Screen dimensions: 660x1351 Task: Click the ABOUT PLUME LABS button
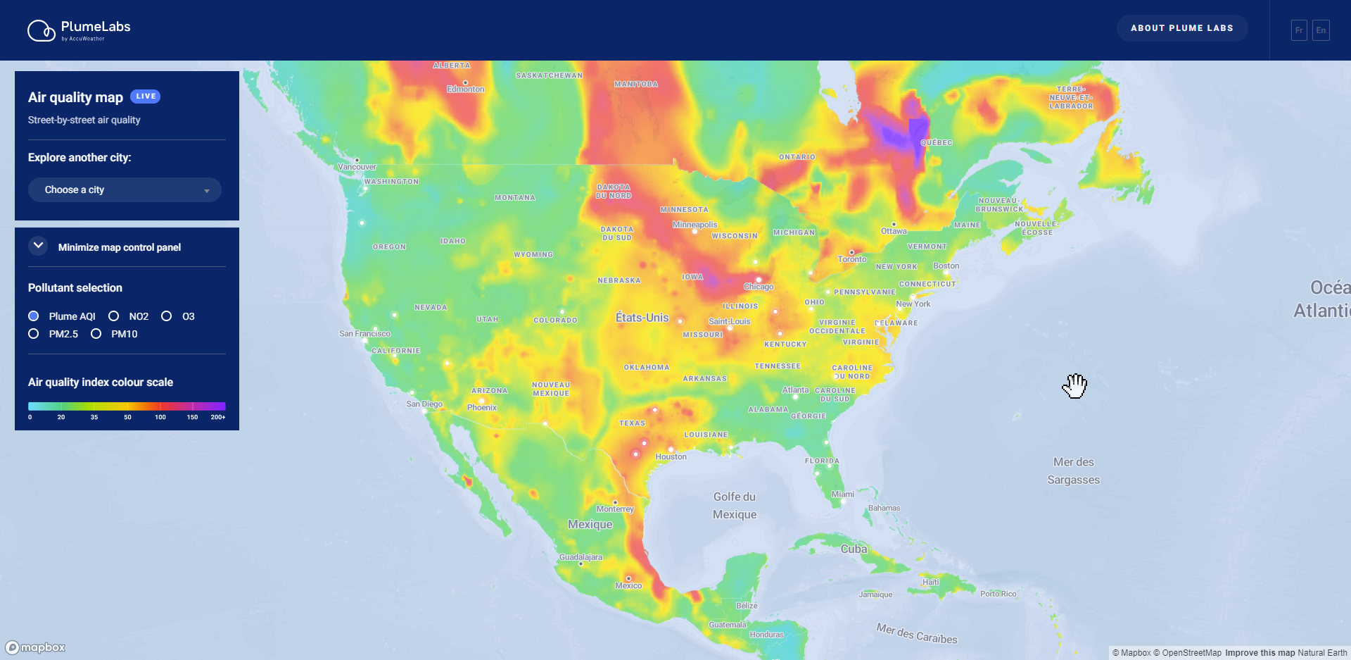[1181, 28]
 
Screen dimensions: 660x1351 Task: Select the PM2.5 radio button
[34, 334]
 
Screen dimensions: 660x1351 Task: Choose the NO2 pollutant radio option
[114, 316]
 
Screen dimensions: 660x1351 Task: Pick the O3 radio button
[167, 316]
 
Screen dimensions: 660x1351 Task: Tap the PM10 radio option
[96, 334]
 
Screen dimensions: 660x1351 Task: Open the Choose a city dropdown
[125, 190]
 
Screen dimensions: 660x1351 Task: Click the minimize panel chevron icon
[38, 246]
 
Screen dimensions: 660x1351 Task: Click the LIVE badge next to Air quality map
[146, 96]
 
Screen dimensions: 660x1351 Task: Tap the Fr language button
[1299, 30]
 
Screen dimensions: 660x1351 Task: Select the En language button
[1321, 30]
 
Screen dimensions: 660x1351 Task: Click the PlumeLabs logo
[79, 30]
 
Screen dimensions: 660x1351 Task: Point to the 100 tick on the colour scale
[160, 417]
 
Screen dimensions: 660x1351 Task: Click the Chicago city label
[759, 287]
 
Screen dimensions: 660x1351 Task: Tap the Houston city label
[671, 456]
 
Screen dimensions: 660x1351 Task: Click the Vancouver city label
[357, 167]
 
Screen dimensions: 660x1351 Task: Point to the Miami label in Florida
[842, 494]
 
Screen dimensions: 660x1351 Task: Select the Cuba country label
[854, 549]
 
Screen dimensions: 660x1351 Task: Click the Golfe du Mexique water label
[735, 506]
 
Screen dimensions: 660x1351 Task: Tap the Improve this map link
[1260, 653]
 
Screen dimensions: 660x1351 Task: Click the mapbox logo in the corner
[35, 647]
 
